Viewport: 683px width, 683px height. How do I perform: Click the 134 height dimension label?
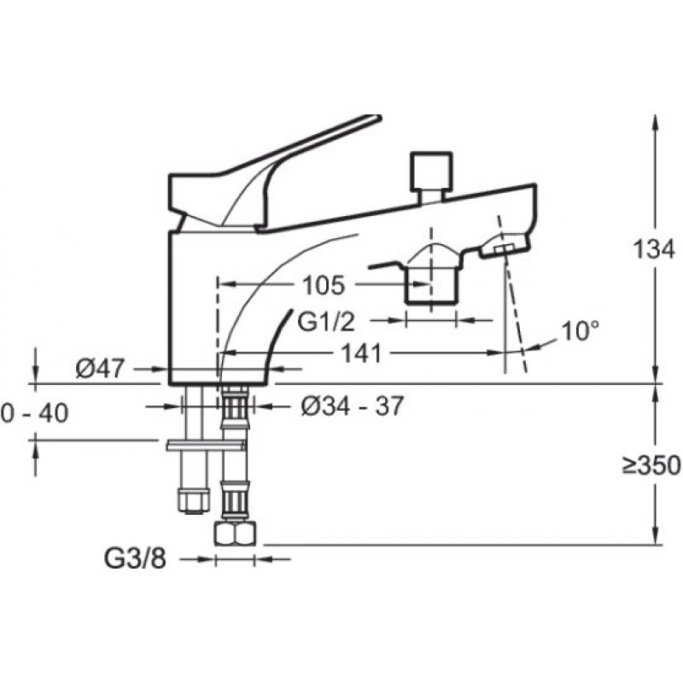653,250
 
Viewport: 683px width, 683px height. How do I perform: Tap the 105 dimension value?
324,285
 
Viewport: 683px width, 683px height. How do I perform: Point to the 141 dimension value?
361,353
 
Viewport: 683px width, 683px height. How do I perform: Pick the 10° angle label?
581,331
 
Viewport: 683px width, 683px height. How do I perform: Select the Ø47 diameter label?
100,369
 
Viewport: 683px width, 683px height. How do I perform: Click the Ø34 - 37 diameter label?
353,406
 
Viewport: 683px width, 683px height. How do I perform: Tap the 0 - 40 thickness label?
34,412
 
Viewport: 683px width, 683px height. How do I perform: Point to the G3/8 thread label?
135,558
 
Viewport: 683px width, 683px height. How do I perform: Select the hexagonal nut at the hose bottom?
236,534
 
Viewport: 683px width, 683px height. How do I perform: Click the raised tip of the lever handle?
377,118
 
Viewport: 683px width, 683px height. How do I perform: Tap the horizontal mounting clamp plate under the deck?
206,445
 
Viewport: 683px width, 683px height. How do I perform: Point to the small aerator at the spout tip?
505,250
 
